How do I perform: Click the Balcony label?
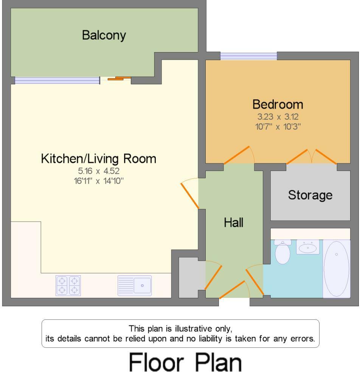click(x=104, y=36)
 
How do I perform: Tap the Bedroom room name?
click(x=278, y=104)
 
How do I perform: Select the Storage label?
click(x=310, y=195)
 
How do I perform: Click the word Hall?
click(x=233, y=223)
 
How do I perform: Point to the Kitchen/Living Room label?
click(x=98, y=159)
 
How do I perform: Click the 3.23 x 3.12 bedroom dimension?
click(x=278, y=117)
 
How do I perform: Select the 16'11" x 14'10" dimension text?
click(x=99, y=181)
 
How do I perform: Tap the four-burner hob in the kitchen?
click(x=68, y=285)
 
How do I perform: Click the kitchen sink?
click(x=135, y=285)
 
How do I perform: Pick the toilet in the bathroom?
click(x=282, y=252)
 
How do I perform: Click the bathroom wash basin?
click(x=307, y=247)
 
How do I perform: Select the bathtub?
click(x=336, y=269)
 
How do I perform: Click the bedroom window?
click(x=248, y=56)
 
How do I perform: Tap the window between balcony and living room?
click(x=57, y=80)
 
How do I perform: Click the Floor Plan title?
click(x=185, y=362)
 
